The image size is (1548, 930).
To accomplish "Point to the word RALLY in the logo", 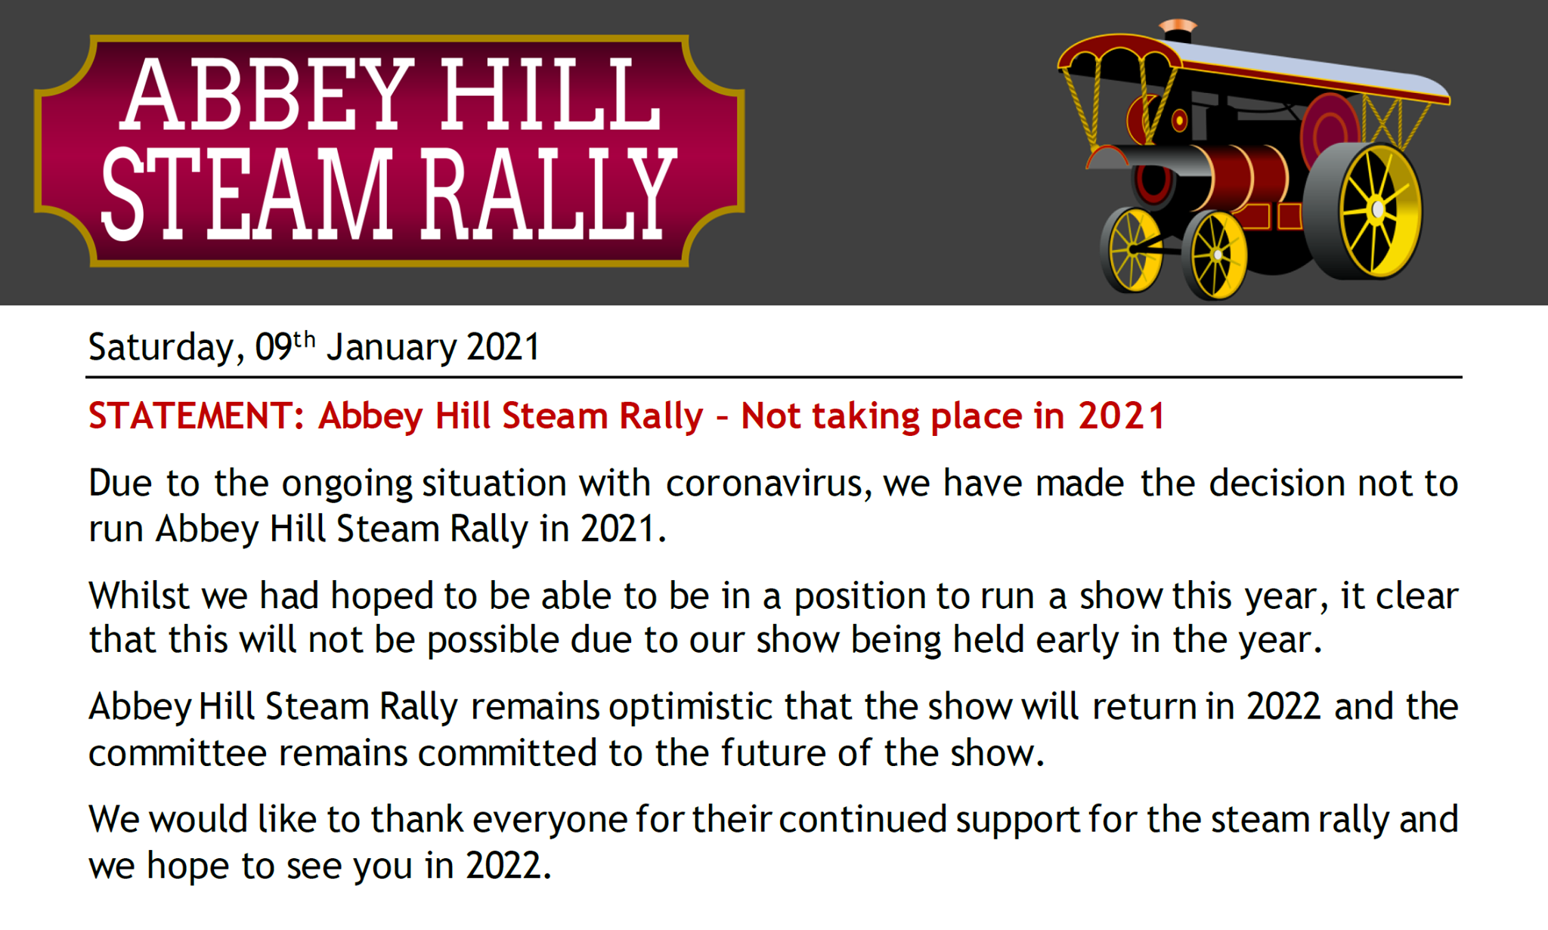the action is tap(548, 193).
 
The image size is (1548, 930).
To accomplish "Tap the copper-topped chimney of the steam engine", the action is tap(1178, 31).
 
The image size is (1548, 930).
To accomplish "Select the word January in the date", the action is tap(391, 348).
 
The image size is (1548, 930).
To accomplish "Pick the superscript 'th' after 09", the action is tap(304, 339).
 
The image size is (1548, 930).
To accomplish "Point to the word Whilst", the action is tap(138, 595).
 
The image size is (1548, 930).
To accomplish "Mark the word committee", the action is tap(178, 753).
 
